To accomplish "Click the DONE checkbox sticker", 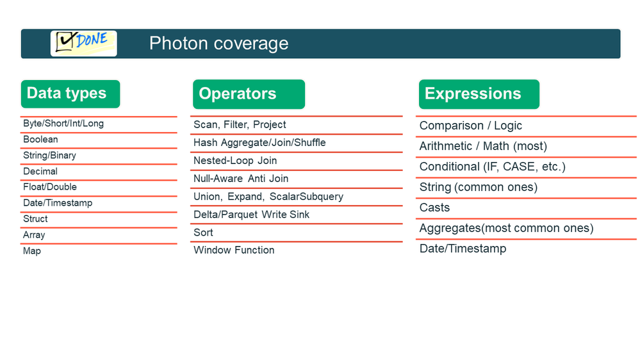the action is point(84,43).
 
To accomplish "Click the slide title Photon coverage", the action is point(218,44).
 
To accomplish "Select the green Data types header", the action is point(70,94).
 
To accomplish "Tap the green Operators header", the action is point(249,94).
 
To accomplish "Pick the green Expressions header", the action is point(479,94).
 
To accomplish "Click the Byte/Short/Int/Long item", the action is point(63,124).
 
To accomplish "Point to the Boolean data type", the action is point(40,140).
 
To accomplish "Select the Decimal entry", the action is point(40,172).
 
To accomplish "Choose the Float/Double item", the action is point(50,187).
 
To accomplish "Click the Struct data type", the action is point(35,219).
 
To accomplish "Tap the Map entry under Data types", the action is point(32,251).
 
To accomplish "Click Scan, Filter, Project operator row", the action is point(240,124).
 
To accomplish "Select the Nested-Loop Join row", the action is point(235,160).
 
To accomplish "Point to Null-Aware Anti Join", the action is point(241,178).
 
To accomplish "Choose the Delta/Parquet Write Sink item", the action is point(251,215).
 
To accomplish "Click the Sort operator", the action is point(203,233).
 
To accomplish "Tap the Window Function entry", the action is point(234,250).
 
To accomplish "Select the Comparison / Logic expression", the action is point(471,126).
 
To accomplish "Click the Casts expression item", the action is point(435,208).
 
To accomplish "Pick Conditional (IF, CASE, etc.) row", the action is point(493,167).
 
